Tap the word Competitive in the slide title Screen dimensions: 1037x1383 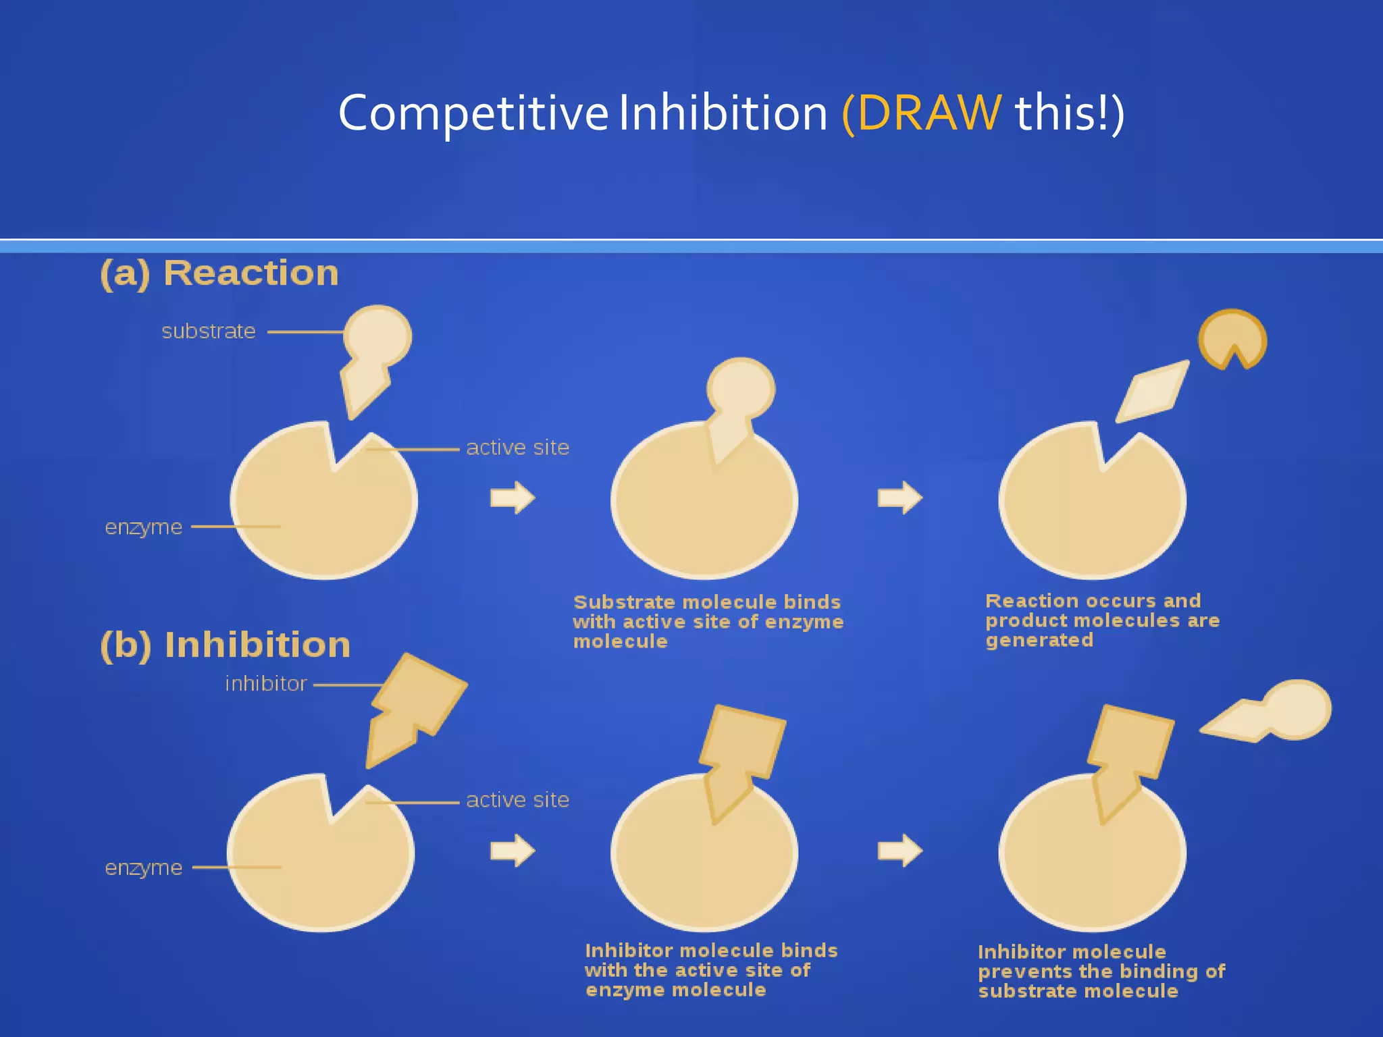pyautogui.click(x=473, y=113)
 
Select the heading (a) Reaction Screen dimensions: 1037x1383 pyautogui.click(x=219, y=273)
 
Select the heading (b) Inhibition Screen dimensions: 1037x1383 pyautogui.click(x=226, y=645)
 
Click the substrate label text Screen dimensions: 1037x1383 pyautogui.click(x=209, y=331)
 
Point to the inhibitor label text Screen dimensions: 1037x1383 pyautogui.click(x=266, y=684)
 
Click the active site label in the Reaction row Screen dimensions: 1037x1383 pyautogui.click(x=517, y=448)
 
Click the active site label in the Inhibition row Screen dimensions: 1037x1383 pyautogui.click(x=517, y=800)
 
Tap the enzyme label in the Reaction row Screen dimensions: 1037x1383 pyautogui.click(x=144, y=527)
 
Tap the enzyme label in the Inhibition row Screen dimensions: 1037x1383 pyautogui.click(x=144, y=868)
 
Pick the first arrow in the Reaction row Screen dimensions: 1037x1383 pyautogui.click(x=513, y=498)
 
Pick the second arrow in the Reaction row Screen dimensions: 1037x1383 pyautogui.click(x=899, y=498)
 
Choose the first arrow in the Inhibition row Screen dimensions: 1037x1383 pyautogui.click(x=513, y=851)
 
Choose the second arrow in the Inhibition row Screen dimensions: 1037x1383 pyautogui.click(x=899, y=851)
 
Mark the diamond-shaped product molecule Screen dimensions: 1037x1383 pyautogui.click(x=1152, y=392)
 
